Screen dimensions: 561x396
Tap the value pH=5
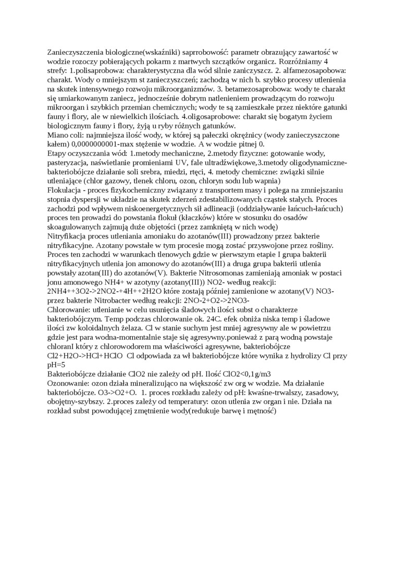click(56, 365)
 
